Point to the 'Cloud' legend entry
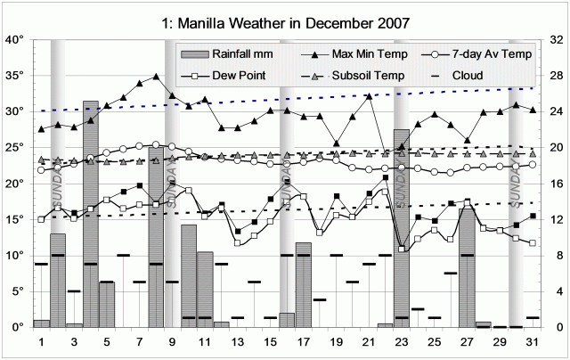pyautogui.click(x=454, y=76)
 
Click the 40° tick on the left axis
pyautogui.click(x=14, y=40)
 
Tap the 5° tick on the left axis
pyautogui.click(x=14, y=291)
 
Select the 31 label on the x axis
pyautogui.click(x=532, y=341)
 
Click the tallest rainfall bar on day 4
pyautogui.click(x=91, y=214)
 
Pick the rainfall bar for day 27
pyautogui.click(x=467, y=267)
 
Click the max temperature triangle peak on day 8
pyautogui.click(x=156, y=77)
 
